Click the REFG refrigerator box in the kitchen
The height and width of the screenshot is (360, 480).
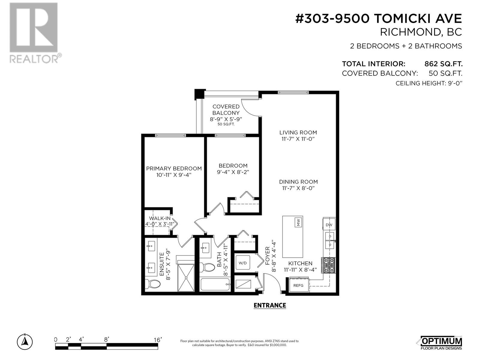pos(299,285)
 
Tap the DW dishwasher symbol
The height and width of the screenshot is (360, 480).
pos(329,224)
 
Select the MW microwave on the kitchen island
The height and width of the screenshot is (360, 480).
pos(298,222)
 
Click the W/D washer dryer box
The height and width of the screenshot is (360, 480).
pos(243,262)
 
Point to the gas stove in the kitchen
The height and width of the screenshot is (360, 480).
pos(328,265)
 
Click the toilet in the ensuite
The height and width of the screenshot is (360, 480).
pos(153,284)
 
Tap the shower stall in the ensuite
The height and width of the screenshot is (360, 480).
pos(186,277)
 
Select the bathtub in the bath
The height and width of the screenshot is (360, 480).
pos(215,284)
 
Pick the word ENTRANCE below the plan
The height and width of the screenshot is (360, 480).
pos(270,305)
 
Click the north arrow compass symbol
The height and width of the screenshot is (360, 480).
pos(25,342)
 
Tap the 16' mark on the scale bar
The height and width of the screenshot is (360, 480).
pos(157,340)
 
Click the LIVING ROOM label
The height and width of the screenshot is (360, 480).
pos(298,133)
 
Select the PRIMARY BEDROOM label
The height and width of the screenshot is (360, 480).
pos(174,169)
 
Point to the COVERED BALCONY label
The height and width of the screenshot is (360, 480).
pos(226,110)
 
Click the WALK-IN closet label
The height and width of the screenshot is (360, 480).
pos(160,218)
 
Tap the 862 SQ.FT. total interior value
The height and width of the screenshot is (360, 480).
pos(443,64)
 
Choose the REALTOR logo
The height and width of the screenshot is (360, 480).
pos(35,33)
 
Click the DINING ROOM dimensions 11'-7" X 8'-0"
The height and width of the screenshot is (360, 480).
pos(298,188)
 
